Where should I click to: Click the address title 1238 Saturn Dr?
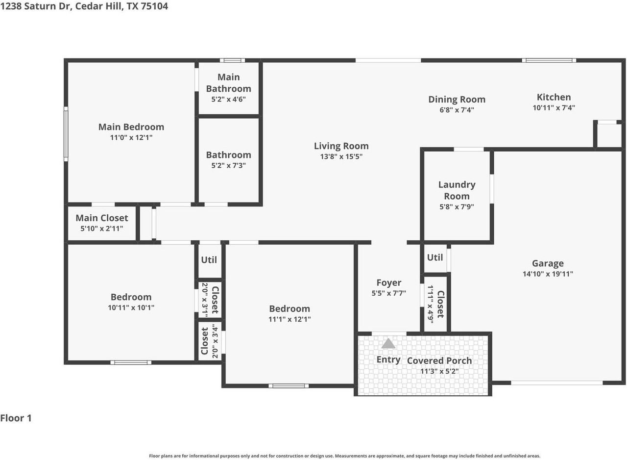[x=84, y=6]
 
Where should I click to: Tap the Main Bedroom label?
[x=131, y=127]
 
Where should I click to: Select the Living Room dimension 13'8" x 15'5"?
[x=341, y=156]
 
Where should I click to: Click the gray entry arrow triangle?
[x=388, y=343]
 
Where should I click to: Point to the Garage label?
[x=548, y=263]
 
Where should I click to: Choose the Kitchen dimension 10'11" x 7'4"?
[x=554, y=108]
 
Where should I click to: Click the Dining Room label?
[x=457, y=100]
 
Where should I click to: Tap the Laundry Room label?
[x=457, y=190]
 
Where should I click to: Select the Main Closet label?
[x=101, y=218]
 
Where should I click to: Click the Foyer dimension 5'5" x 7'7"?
[x=388, y=293]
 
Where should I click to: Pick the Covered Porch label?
[x=439, y=360]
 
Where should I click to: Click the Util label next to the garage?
[x=435, y=257]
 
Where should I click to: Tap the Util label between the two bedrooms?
[x=209, y=260]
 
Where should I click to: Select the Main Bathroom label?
[x=228, y=83]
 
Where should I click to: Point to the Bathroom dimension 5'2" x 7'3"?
[x=228, y=166]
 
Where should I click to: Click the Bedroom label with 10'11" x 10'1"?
[x=131, y=297]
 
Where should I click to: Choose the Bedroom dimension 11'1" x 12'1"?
[x=289, y=319]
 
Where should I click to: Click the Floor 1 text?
[x=16, y=418]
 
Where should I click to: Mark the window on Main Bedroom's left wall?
[x=66, y=135]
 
